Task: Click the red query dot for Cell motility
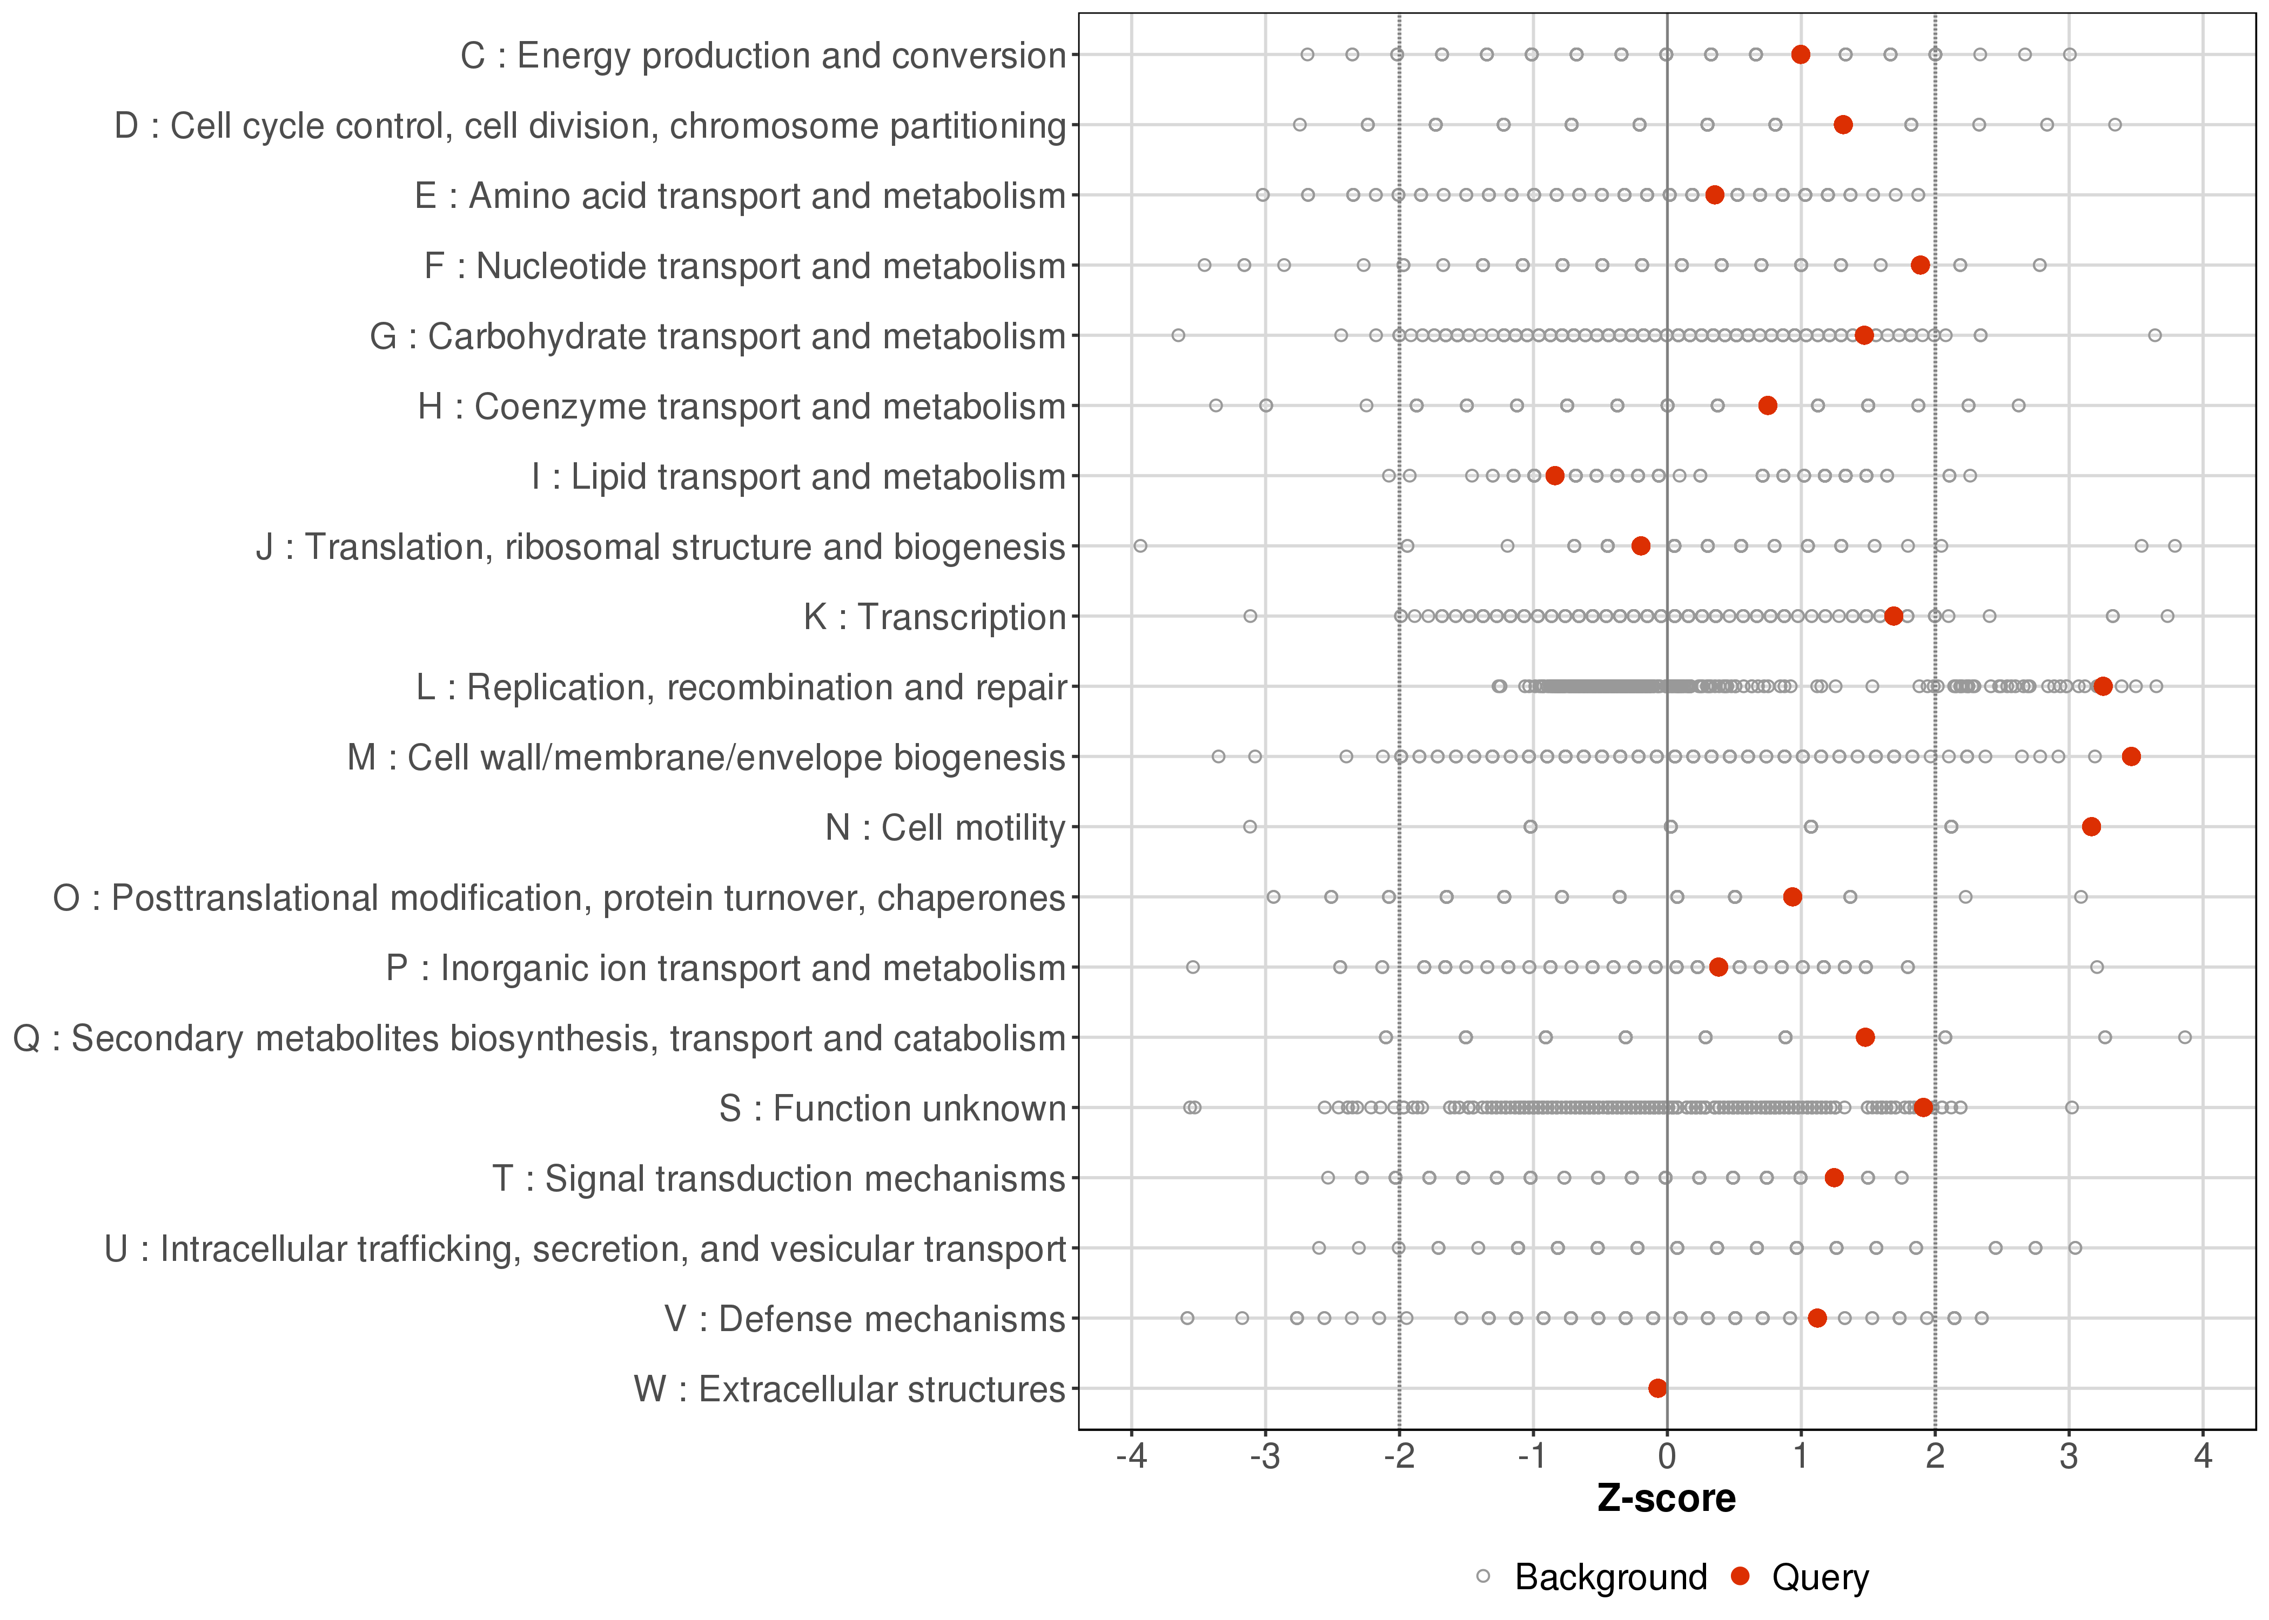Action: click(x=2091, y=827)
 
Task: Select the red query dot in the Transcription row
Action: click(x=1893, y=617)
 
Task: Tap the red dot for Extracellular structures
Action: click(x=1657, y=1388)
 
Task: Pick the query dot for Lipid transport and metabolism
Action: click(x=1555, y=476)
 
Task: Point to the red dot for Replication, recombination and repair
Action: click(x=2103, y=686)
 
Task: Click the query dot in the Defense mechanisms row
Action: click(x=1817, y=1319)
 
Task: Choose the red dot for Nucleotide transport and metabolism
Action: click(x=1920, y=265)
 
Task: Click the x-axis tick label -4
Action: click(x=1131, y=1457)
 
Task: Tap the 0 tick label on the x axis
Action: click(x=1666, y=1457)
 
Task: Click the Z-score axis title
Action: click(x=1666, y=1499)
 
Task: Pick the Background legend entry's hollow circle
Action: click(x=1483, y=1577)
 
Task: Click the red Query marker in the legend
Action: click(x=1741, y=1577)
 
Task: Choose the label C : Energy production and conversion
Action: click(x=762, y=56)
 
